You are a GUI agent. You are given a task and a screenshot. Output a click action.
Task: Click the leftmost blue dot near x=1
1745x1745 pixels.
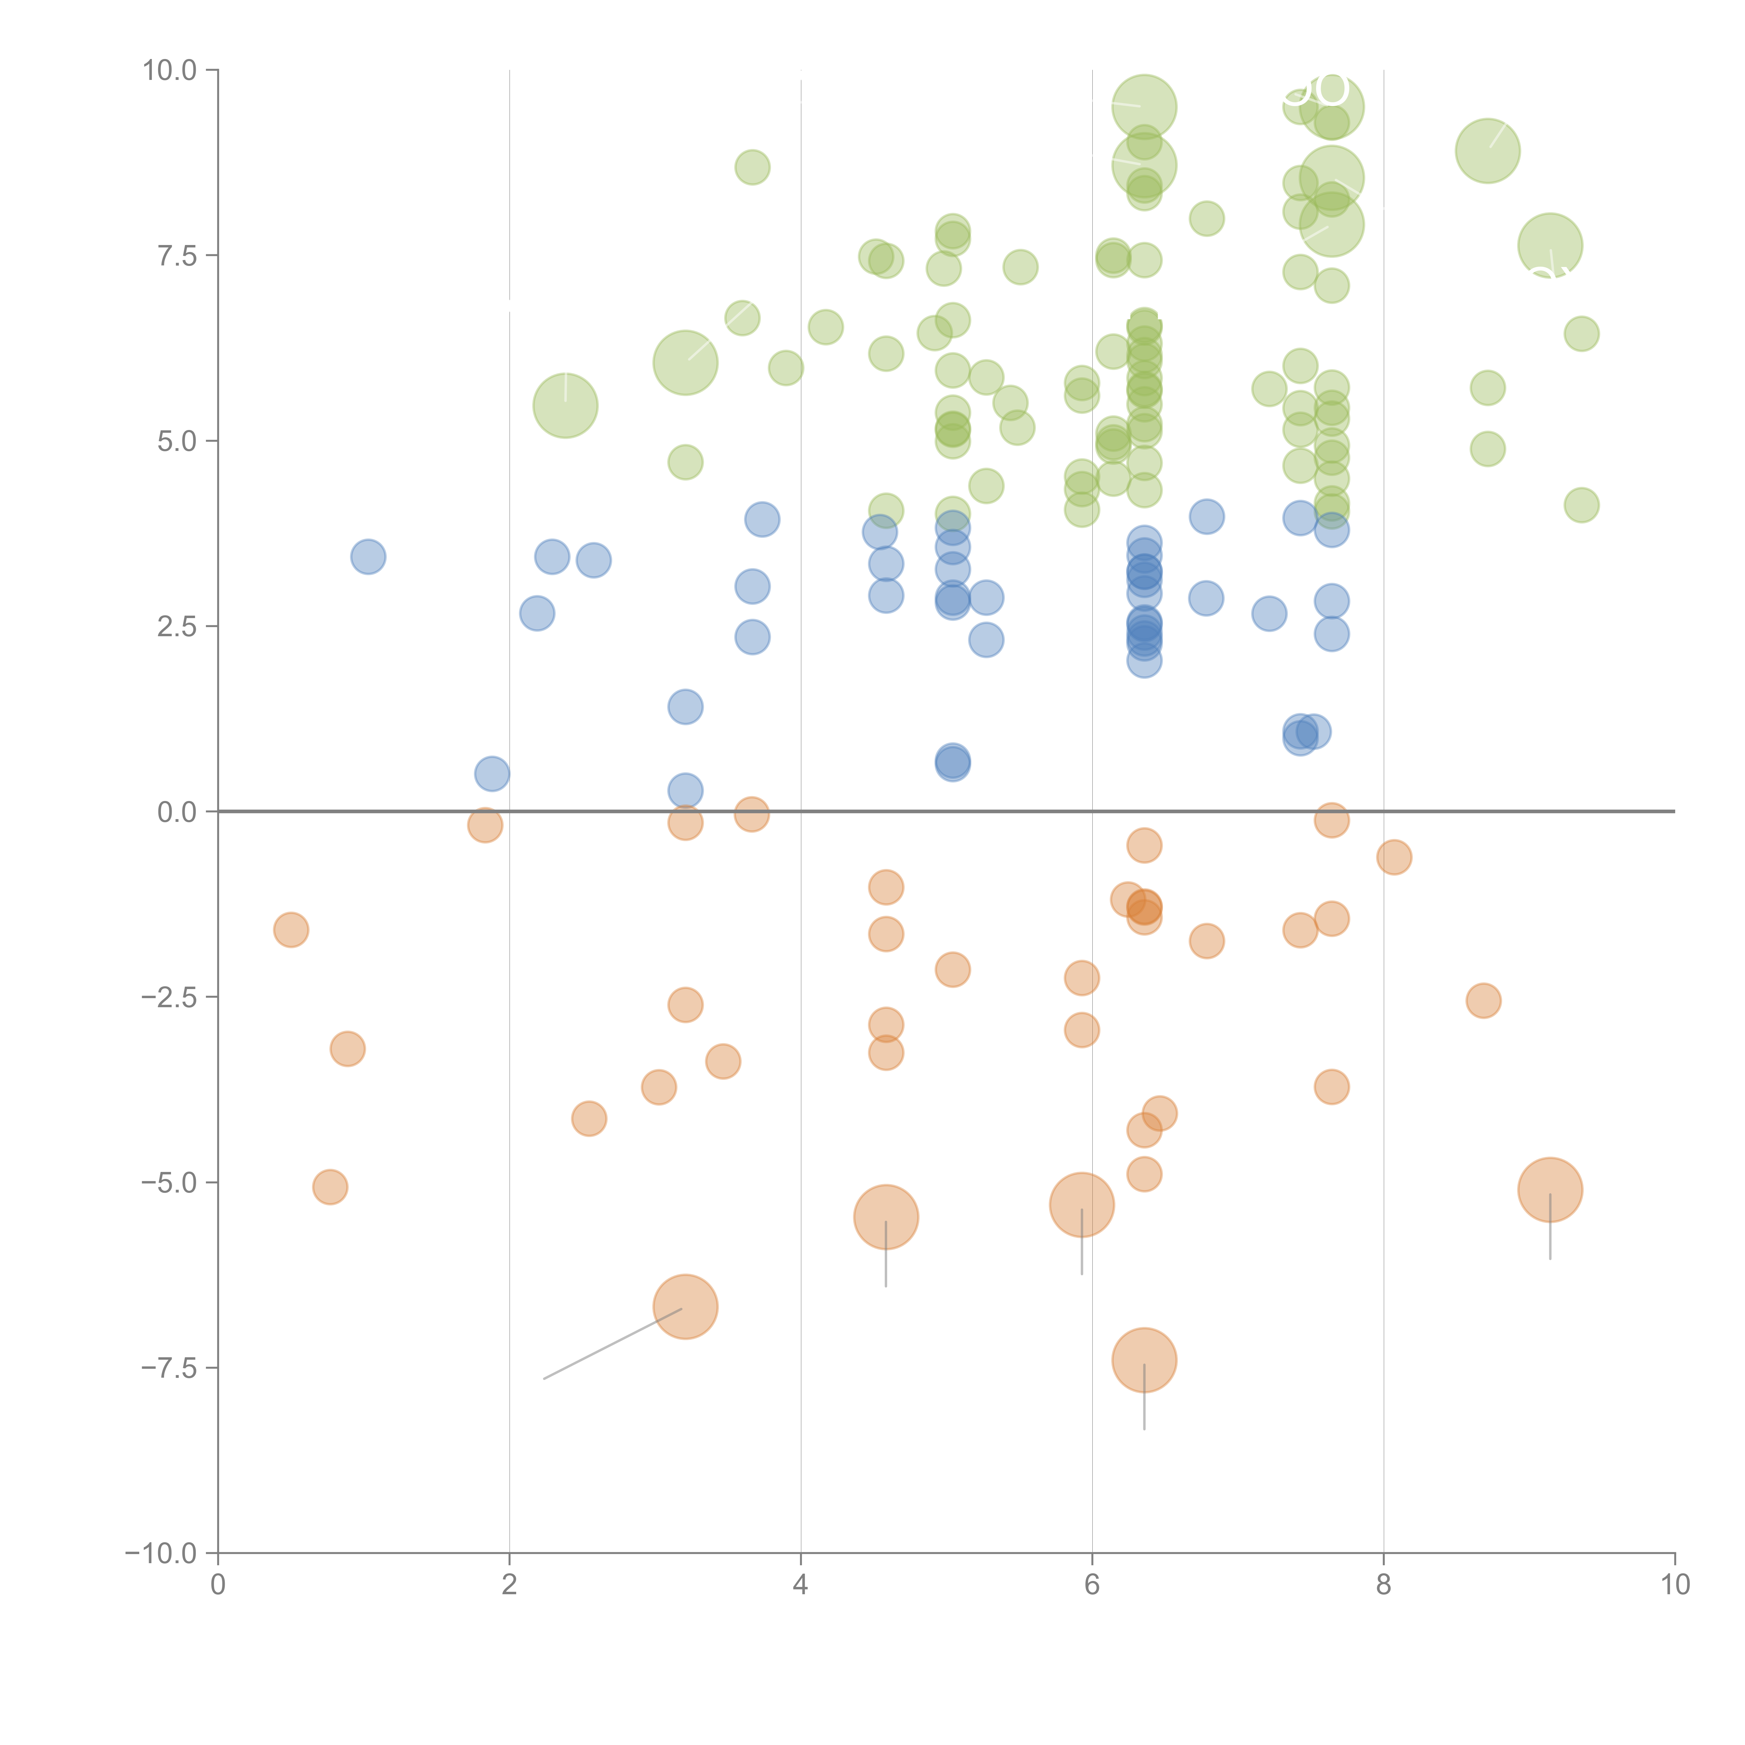[x=367, y=556]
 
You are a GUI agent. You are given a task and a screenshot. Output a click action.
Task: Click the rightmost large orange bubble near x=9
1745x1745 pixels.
[x=1550, y=1189]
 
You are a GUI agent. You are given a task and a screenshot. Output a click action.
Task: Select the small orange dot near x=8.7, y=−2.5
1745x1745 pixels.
[x=1483, y=1000]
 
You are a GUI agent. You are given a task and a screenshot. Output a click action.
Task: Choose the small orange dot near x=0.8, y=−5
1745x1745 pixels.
[x=331, y=1187]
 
